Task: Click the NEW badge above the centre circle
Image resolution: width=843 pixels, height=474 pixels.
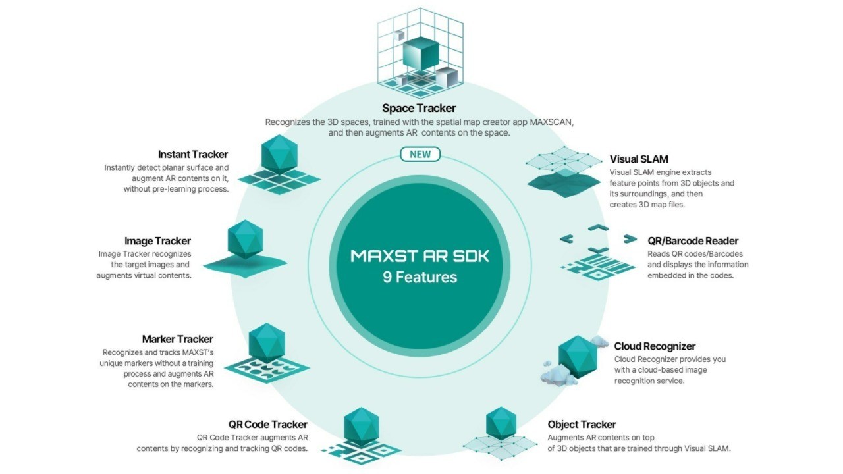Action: click(420, 154)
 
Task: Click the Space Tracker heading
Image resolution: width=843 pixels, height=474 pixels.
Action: click(419, 109)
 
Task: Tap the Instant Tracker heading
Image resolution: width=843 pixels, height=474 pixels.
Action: click(193, 154)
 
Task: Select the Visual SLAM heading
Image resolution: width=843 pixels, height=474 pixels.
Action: click(639, 159)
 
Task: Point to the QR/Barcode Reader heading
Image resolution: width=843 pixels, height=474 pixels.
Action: click(693, 241)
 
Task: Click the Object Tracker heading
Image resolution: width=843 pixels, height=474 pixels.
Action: click(582, 425)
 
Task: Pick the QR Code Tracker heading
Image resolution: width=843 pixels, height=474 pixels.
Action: click(268, 425)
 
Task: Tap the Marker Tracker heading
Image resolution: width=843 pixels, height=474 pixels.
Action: click(178, 339)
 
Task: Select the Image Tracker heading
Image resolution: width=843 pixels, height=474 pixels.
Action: click(157, 241)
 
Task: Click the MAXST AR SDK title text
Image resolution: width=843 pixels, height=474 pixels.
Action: click(420, 256)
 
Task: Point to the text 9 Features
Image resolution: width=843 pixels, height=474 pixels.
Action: click(420, 277)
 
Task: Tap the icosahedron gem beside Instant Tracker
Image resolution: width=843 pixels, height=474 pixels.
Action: click(279, 154)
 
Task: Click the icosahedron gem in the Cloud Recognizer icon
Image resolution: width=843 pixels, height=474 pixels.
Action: click(578, 357)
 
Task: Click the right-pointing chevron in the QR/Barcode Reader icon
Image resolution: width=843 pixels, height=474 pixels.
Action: click(630, 238)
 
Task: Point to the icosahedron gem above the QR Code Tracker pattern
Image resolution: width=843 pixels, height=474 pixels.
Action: click(362, 427)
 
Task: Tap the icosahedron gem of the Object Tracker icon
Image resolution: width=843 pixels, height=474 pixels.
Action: click(501, 423)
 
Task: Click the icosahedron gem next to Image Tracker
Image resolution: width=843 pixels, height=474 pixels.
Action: click(246, 239)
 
